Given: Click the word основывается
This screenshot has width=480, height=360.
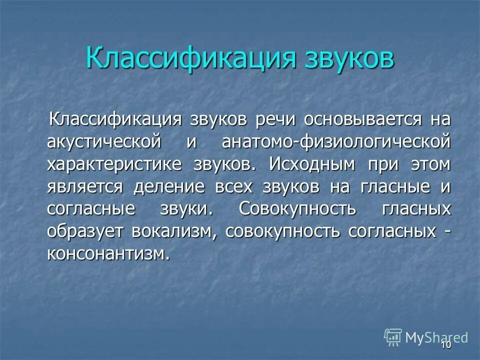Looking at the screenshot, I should (359, 120).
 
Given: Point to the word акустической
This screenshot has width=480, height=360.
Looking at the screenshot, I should (104, 142).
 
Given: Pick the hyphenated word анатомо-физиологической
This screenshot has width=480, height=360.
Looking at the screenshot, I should (335, 142).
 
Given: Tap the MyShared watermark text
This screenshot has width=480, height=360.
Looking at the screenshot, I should (436, 337).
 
